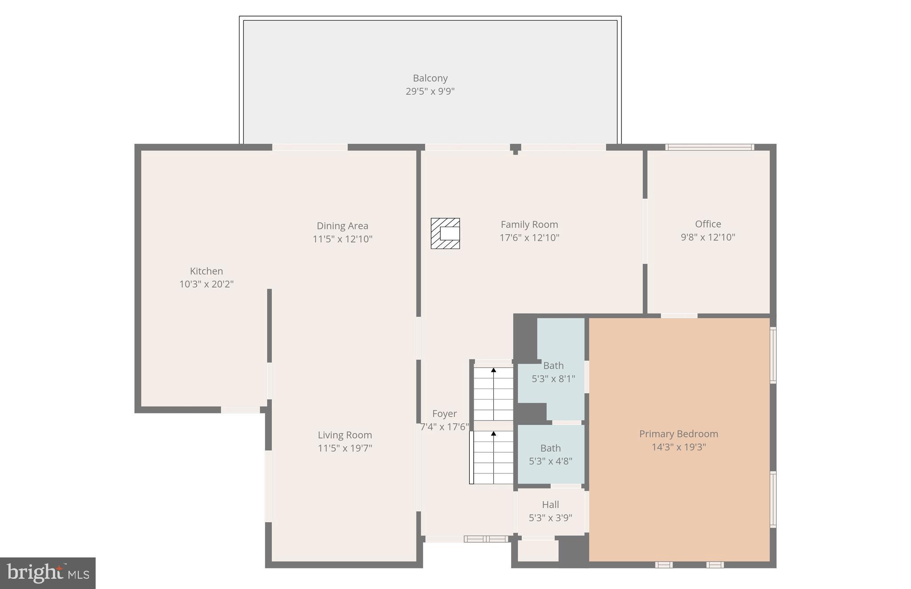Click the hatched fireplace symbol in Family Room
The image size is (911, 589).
pyautogui.click(x=445, y=233)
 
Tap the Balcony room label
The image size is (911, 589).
pyautogui.click(x=430, y=78)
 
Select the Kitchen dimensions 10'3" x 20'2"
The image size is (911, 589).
pyautogui.click(x=206, y=284)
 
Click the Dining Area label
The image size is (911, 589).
pyautogui.click(x=342, y=226)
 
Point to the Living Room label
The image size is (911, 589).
pyautogui.click(x=344, y=435)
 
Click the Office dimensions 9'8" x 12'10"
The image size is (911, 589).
pyautogui.click(x=708, y=237)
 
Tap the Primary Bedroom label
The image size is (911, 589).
pyautogui.click(x=678, y=434)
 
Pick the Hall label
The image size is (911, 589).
pyautogui.click(x=550, y=505)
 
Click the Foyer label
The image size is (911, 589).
pyautogui.click(x=444, y=414)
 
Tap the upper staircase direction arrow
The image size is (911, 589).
pyautogui.click(x=493, y=370)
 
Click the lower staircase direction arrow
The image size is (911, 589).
pyautogui.click(x=493, y=433)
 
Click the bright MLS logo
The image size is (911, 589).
pyautogui.click(x=48, y=573)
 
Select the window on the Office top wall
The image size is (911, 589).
pyautogui.click(x=709, y=147)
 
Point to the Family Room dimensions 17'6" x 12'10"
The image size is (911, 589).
pyautogui.click(x=529, y=238)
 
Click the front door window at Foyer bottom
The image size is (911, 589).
pyautogui.click(x=486, y=539)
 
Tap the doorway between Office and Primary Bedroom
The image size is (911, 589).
pyautogui.click(x=679, y=316)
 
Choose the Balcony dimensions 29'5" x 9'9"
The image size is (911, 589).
pyautogui.click(x=430, y=92)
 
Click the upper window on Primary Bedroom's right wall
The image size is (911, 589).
pyautogui.click(x=773, y=355)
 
